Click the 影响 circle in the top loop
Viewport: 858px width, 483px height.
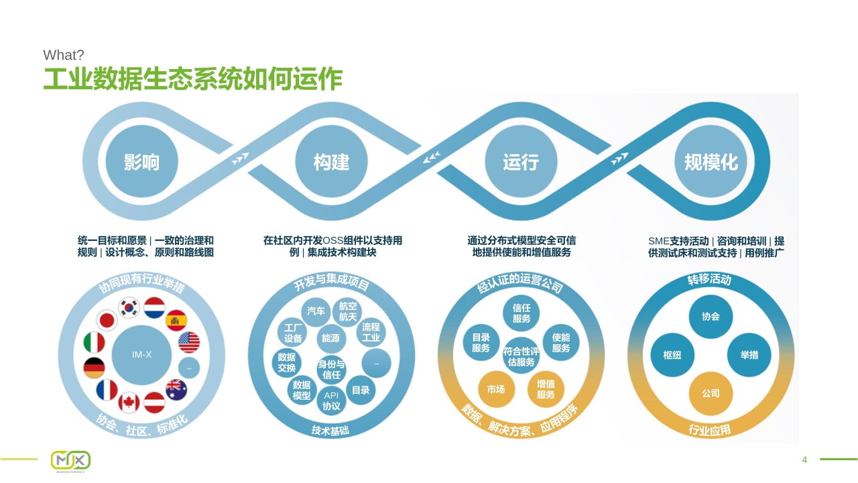pos(141,162)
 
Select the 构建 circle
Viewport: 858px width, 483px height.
pos(331,162)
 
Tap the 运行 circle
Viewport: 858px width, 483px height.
pos(521,162)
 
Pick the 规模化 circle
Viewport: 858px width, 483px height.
pos(711,162)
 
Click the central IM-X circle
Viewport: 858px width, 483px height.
pos(141,355)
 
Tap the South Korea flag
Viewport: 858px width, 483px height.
pos(129,307)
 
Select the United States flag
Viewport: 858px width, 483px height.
pos(189,342)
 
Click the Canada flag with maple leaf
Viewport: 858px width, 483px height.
pos(129,402)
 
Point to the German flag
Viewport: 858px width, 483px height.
pos(95,368)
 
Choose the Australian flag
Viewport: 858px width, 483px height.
pos(176,390)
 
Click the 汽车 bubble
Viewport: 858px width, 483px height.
pos(316,311)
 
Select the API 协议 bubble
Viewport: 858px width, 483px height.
pos(331,400)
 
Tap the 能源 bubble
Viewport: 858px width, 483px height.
pos(331,338)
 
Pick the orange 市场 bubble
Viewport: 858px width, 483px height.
pos(497,389)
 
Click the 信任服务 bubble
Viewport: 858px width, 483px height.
pos(522,313)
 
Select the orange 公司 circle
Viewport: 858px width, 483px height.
pos(711,393)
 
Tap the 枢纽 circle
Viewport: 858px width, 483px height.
pos(672,355)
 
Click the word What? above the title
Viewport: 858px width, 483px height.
pos(63,55)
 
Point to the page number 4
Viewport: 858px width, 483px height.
pos(804,460)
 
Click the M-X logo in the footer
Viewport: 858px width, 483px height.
pos(71,460)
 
